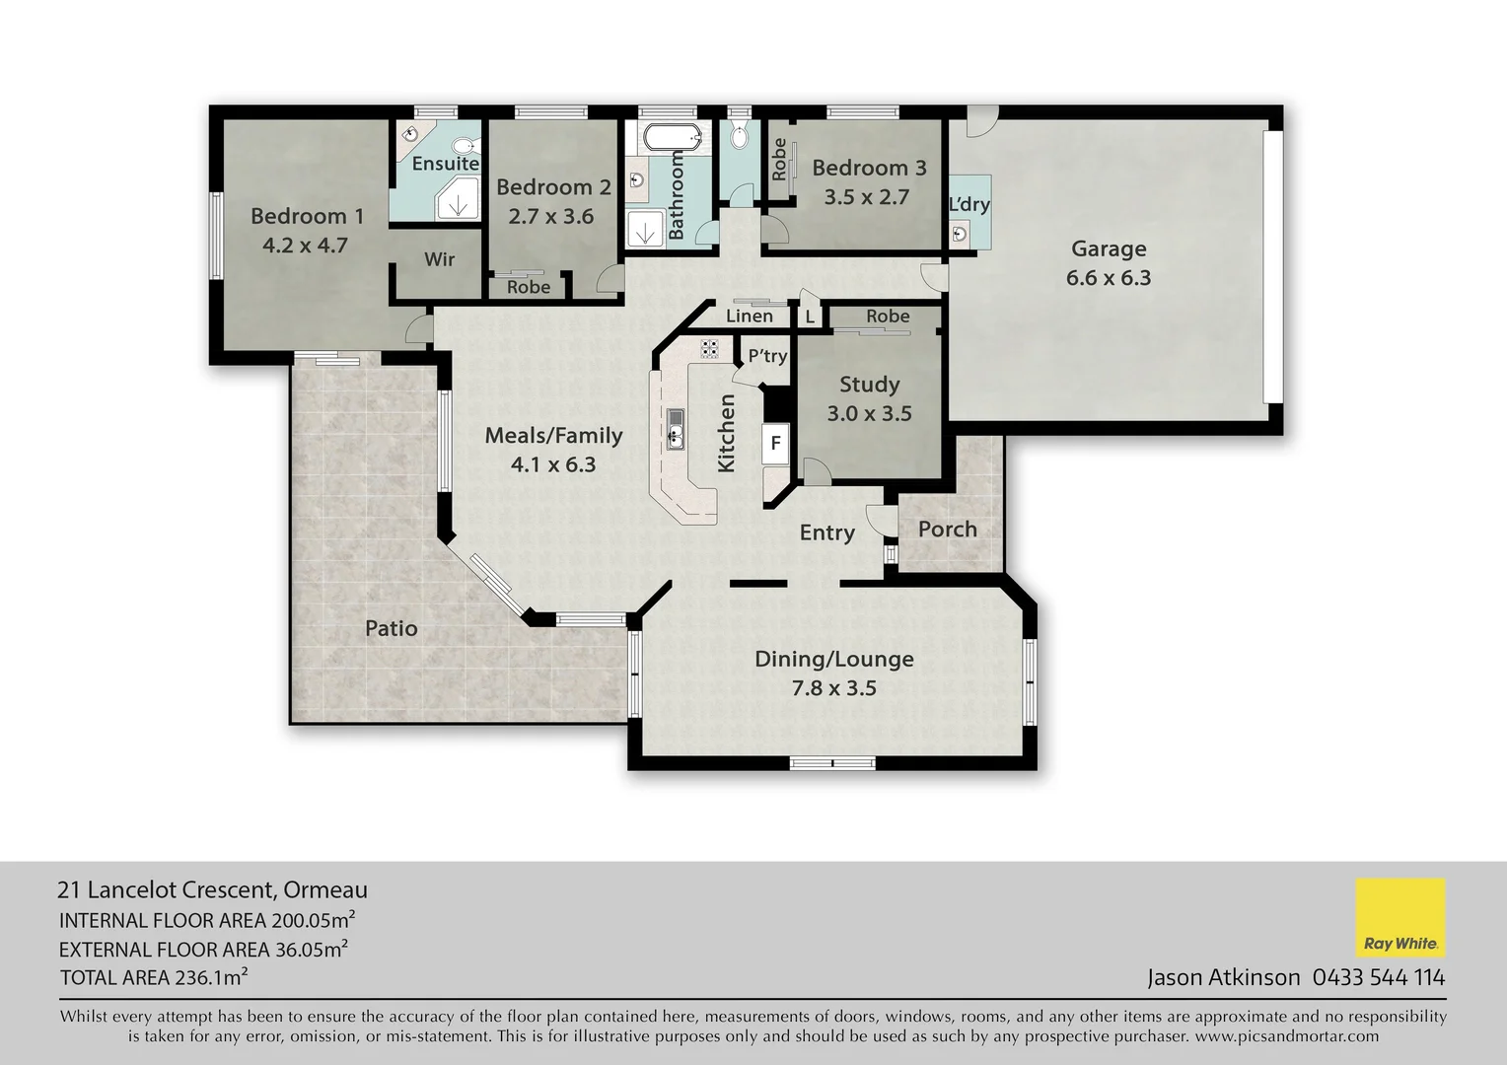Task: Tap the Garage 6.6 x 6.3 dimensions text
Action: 1109,278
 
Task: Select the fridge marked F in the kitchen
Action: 775,443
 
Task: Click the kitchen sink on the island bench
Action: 676,429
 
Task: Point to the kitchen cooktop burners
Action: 709,347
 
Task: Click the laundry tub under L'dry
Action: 959,233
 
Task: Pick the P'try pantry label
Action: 767,356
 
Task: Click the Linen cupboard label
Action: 750,317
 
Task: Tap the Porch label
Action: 947,530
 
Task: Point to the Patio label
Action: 392,628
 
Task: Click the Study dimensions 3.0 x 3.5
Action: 869,413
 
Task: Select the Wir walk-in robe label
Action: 440,259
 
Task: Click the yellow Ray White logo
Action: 1400,917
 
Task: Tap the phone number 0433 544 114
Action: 1378,977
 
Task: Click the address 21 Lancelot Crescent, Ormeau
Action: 213,889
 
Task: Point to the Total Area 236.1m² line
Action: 154,978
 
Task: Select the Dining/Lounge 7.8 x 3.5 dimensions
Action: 833,688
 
